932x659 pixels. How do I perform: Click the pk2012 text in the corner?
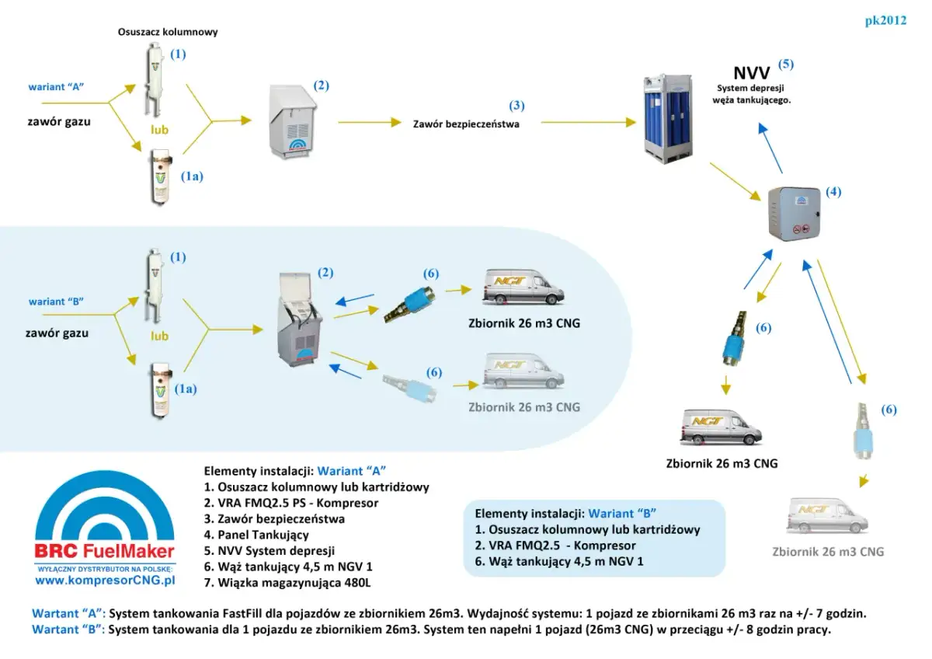click(885, 21)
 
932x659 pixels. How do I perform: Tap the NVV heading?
click(751, 75)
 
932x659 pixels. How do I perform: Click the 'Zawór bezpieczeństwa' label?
click(466, 124)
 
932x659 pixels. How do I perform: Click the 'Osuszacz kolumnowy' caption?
click(168, 33)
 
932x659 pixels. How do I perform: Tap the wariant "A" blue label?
click(55, 87)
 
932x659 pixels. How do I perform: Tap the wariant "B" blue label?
click(55, 302)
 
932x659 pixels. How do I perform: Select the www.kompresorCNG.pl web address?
click(106, 580)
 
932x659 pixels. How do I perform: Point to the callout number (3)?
click(516, 105)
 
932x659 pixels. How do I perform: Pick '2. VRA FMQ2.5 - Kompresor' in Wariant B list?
click(555, 546)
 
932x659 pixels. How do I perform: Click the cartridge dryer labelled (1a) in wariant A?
click(159, 177)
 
